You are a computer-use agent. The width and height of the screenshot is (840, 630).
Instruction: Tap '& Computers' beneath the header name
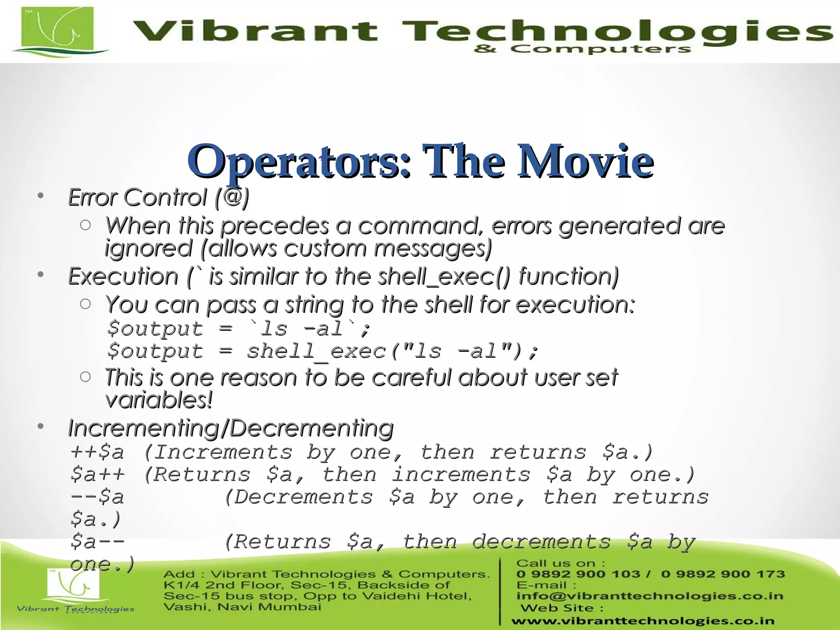coord(582,50)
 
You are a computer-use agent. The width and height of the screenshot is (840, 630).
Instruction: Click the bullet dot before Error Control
coord(40,196)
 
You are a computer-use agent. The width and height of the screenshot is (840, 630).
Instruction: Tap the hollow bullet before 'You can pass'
coord(85,304)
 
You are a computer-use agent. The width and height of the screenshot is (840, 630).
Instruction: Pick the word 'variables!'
coord(159,400)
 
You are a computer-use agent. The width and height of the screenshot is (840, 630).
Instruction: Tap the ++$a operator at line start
coord(97,452)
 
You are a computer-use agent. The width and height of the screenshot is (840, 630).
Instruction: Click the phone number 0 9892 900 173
coord(723,574)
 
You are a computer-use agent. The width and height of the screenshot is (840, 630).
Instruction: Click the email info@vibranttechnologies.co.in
coord(650,596)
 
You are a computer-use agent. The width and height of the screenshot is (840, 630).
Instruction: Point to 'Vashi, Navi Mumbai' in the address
coord(242,607)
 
